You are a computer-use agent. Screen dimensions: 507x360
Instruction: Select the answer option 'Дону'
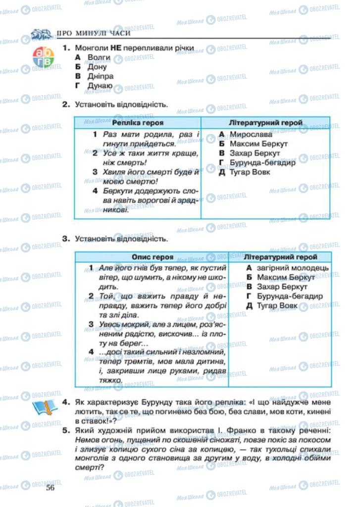97,67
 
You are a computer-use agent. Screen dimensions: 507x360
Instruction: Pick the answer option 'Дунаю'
99,86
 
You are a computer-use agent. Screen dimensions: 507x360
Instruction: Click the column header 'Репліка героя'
138,122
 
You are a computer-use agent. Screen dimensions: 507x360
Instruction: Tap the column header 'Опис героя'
153,257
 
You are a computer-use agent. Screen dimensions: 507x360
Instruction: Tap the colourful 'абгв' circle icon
43,56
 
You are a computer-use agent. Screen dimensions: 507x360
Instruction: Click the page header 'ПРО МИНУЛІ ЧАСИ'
94,34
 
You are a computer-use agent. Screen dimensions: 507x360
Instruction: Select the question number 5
66,431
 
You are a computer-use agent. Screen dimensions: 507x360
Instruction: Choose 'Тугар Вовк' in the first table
250,172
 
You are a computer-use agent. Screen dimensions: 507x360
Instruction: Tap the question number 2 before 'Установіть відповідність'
65,104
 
